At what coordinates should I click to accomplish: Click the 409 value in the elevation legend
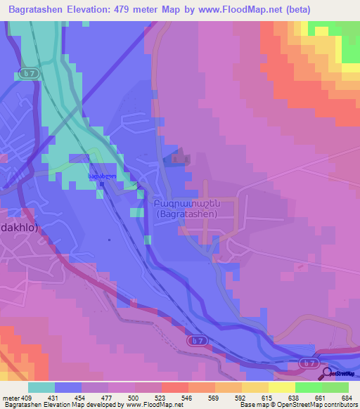[x=27, y=398]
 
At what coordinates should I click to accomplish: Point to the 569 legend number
[x=215, y=398]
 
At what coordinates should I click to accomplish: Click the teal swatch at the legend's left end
[x=41, y=387]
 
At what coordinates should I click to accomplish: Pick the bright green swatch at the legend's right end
[x=335, y=387]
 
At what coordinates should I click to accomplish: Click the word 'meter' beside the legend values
[x=10, y=398]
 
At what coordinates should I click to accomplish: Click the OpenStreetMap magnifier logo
[x=328, y=373]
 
